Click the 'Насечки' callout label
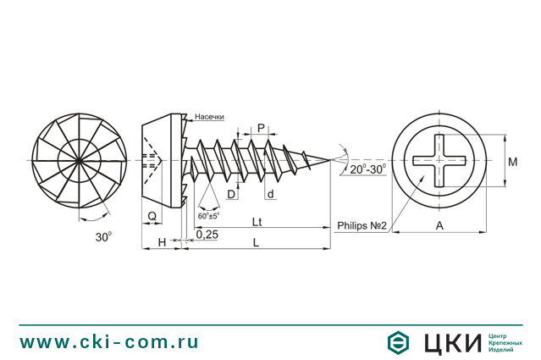[209, 117]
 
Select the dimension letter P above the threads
[261, 128]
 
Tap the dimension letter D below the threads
[231, 195]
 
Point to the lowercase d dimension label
[270, 195]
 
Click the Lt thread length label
[256, 221]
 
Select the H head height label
[162, 242]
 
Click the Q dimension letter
[152, 216]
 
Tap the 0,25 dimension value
[207, 234]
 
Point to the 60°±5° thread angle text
[208, 215]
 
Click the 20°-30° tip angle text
[367, 169]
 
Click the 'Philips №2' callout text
[362, 225]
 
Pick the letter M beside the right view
[512, 160]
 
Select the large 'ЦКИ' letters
[448, 342]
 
